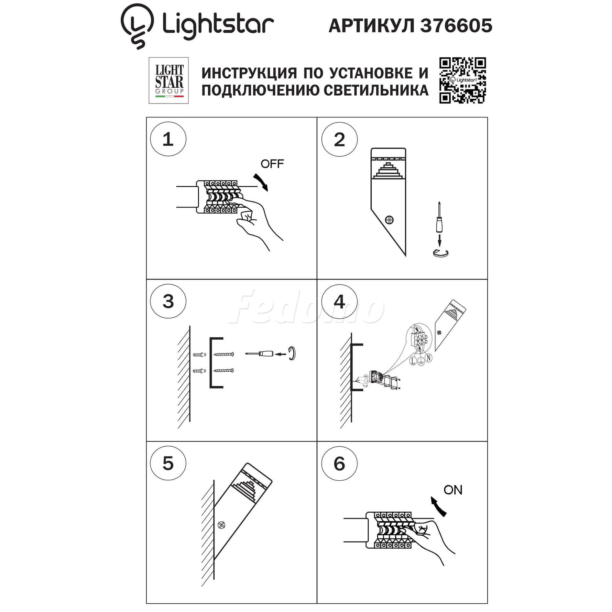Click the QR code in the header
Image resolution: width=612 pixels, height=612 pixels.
pos(463,81)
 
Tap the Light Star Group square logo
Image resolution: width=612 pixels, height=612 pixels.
pos(169,81)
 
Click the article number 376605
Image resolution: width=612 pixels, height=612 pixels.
pos(456,26)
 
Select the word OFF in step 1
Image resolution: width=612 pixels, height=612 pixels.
pos(272,164)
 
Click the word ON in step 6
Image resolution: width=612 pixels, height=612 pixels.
pos(453,490)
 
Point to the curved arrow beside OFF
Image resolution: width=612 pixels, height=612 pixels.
pos(261,182)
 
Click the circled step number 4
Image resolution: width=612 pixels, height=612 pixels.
pos(339,302)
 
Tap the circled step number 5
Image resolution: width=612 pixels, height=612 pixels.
pos(168,464)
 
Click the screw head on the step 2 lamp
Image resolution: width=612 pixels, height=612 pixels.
pos(389,220)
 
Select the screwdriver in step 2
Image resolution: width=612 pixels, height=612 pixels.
pos(439,217)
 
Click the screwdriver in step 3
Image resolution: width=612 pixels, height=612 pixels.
pos(259,354)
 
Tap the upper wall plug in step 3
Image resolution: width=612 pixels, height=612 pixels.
pos(200,355)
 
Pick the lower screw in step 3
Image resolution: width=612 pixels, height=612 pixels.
pos(224,370)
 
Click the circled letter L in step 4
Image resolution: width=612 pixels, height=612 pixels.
pos(413,361)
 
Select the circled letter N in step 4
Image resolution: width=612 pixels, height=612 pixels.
pos(429,358)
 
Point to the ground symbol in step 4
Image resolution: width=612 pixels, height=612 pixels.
pos(421,362)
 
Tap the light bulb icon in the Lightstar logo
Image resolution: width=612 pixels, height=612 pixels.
pos(137,26)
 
